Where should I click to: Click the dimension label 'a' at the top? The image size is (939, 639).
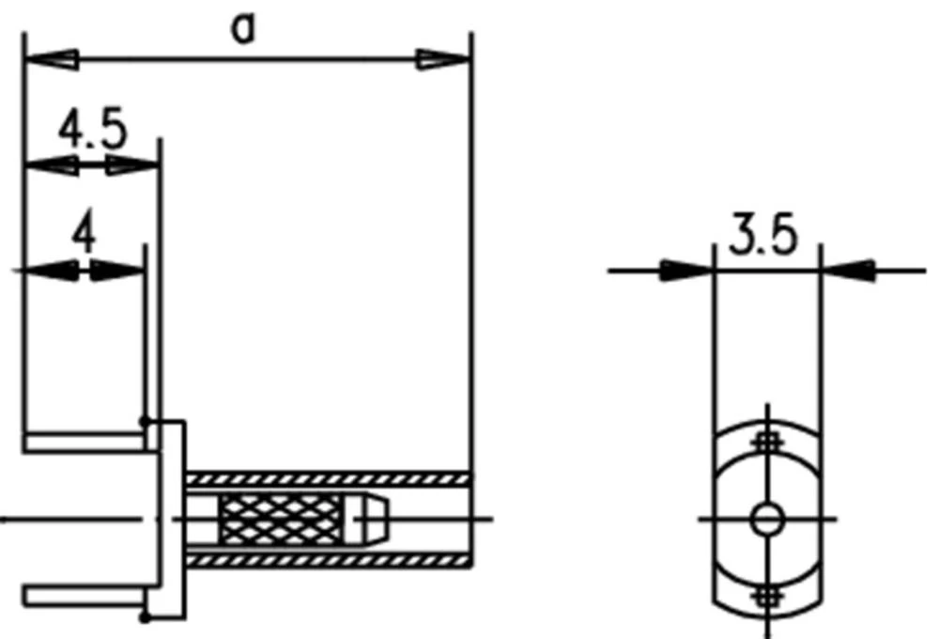point(244,29)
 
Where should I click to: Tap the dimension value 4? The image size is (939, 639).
point(85,236)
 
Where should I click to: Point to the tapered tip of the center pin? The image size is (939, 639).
point(377,518)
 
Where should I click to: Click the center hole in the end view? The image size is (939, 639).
point(768,518)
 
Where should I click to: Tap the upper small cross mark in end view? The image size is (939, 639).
point(768,440)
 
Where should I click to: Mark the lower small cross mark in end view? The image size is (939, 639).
point(768,595)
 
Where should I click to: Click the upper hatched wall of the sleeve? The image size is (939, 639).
point(329,477)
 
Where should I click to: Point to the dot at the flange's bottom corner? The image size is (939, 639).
point(145,617)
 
